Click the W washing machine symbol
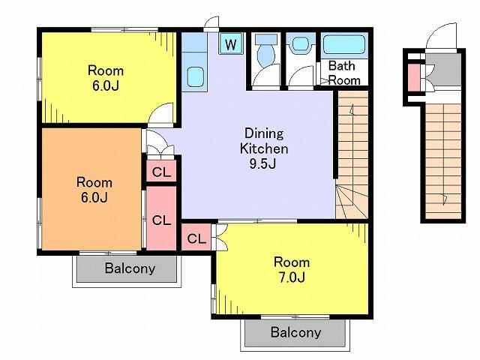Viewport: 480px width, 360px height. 231,43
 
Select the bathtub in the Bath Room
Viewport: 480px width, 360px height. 344,45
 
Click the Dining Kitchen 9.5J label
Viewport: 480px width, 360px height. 264,148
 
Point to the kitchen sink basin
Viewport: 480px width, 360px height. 196,76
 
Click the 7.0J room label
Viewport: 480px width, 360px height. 292,270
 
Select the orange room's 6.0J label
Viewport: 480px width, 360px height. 94,190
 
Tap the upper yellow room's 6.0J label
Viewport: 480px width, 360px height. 106,78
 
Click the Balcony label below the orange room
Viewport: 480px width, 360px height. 130,268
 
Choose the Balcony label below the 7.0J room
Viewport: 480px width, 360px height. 296,332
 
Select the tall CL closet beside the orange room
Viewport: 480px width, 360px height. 161,218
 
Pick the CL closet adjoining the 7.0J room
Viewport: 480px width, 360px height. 196,238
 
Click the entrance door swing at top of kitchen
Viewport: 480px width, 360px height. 211,22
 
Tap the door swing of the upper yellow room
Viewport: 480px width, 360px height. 160,112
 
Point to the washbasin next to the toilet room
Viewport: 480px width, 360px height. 301,44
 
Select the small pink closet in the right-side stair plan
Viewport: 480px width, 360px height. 414,78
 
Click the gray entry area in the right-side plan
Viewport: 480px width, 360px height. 443,70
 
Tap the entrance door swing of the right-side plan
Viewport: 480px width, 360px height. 441,35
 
